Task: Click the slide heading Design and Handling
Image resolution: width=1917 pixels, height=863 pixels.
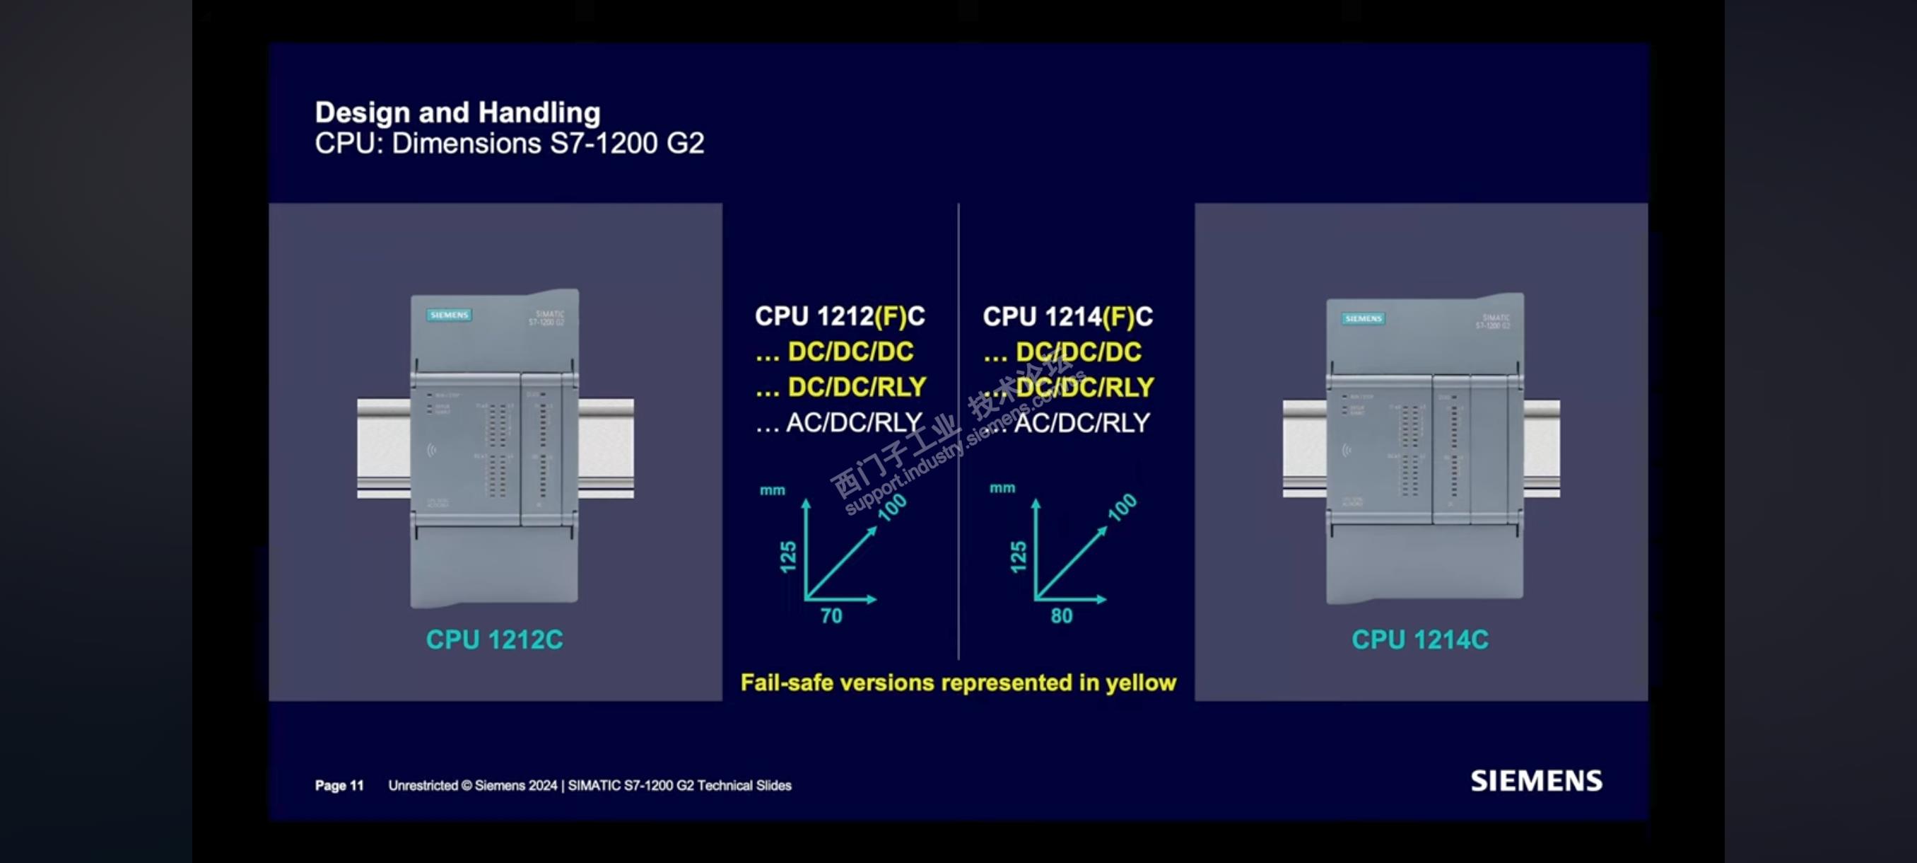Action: (x=457, y=112)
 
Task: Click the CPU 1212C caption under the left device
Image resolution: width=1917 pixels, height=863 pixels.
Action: (x=494, y=639)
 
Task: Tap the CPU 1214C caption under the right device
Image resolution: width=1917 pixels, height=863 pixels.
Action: (x=1420, y=639)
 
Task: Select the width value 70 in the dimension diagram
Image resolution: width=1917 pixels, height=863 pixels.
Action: (x=831, y=616)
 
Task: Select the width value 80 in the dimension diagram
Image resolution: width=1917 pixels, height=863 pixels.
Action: (x=1061, y=616)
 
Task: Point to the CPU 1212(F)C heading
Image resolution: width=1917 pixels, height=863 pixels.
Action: (x=840, y=315)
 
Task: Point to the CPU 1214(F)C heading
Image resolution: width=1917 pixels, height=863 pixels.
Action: (x=1067, y=316)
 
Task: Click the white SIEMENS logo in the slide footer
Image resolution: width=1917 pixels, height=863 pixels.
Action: (x=1536, y=780)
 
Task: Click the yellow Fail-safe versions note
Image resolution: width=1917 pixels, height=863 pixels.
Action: (x=958, y=682)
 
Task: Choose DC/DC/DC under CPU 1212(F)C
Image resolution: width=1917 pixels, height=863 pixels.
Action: (x=850, y=352)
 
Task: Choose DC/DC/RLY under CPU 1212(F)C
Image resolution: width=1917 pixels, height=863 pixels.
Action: (x=857, y=386)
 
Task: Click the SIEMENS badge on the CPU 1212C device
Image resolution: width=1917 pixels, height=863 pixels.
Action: (x=449, y=315)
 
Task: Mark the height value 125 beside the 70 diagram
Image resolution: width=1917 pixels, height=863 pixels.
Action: (x=788, y=556)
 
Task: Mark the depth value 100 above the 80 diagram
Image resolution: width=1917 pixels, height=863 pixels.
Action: (x=1122, y=507)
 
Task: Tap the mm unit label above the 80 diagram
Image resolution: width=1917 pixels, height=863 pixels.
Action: (x=1002, y=487)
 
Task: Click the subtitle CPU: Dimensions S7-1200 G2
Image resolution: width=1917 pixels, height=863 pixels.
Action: (x=509, y=143)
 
